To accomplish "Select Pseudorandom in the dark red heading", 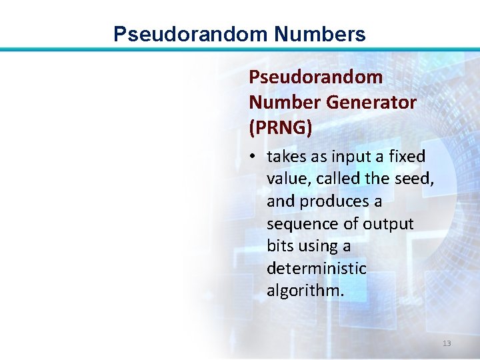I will (315, 77).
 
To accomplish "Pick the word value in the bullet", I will (286, 179).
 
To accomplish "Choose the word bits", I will (280, 246).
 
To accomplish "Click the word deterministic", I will (317, 269).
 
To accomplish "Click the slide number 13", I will (447, 343).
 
